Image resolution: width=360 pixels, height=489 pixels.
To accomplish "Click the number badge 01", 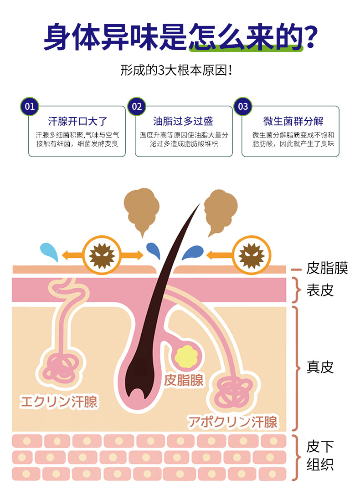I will tap(30, 107).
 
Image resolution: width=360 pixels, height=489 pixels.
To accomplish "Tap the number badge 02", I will tap(136, 107).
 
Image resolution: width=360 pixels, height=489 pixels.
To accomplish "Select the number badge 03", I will tap(243, 107).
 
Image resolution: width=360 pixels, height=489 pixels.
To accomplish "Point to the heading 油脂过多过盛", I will tap(183, 121).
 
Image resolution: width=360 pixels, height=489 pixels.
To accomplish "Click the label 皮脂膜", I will tap(327, 268).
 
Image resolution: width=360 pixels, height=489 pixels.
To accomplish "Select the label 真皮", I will tap(320, 367).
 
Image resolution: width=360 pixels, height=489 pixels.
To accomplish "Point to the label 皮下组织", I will tap(320, 455).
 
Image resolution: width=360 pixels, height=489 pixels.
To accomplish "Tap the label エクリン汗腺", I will tap(58, 402).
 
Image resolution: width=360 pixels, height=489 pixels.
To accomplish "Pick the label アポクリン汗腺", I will tap(233, 422).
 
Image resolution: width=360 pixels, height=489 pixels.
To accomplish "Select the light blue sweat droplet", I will tap(49, 251).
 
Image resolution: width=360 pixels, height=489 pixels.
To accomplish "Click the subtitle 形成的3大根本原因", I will tap(180, 71).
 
